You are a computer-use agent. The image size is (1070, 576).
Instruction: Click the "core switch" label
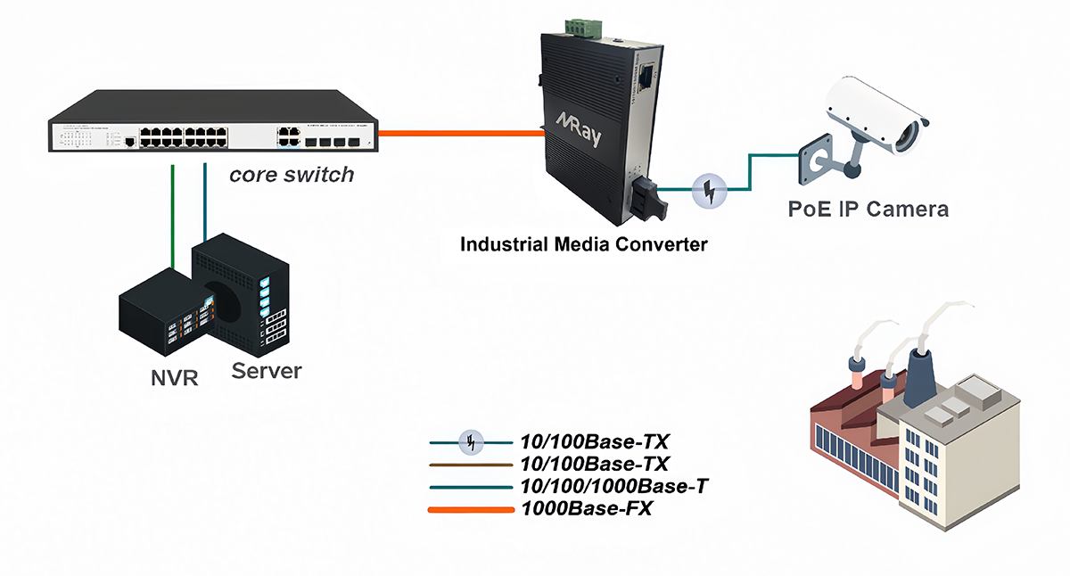(x=292, y=174)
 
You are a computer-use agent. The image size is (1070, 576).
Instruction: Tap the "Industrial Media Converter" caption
(x=583, y=243)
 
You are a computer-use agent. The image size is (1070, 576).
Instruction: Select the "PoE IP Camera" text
(x=868, y=210)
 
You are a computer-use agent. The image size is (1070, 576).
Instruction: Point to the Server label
(x=267, y=370)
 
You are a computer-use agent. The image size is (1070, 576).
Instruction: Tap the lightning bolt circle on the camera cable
(x=710, y=191)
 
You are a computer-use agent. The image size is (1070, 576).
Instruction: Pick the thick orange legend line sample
(x=470, y=510)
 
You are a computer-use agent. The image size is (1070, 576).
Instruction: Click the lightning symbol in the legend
(x=472, y=440)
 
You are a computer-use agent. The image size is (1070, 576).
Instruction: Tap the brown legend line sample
(x=470, y=465)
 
